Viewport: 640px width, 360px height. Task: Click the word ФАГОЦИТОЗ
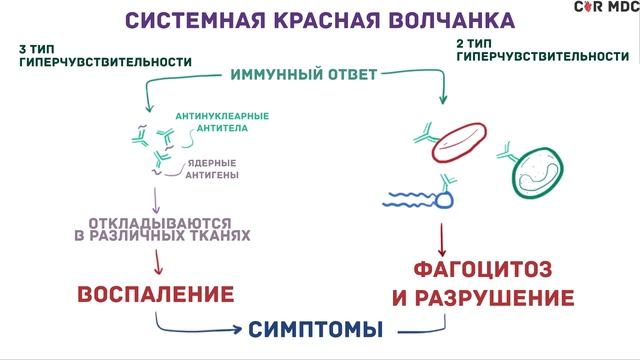tap(482, 269)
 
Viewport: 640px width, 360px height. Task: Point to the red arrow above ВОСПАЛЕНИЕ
tap(158, 262)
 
